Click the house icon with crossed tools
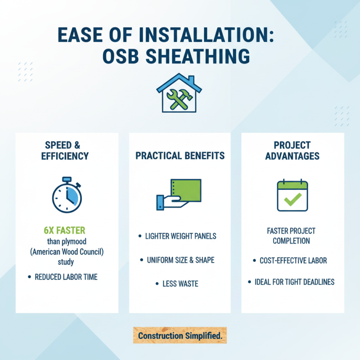point(180,93)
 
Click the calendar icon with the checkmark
point(292,196)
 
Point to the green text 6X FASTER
point(65,230)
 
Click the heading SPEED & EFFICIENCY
point(67,151)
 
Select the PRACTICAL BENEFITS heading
point(180,156)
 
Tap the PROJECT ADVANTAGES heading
point(292,151)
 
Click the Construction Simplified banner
point(180,336)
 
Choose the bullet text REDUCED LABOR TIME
point(66,277)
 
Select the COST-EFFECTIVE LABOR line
point(293,261)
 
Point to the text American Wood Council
point(67,252)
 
